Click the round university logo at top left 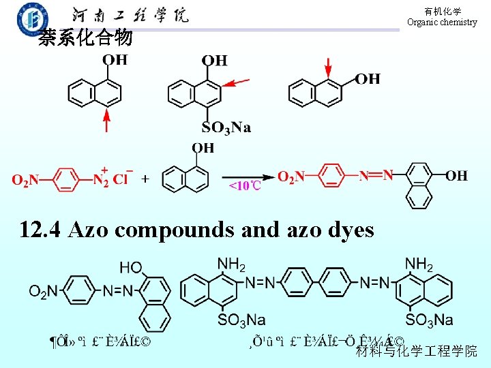pyautogui.click(x=33, y=18)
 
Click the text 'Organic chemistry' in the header pyautogui.click(x=442, y=22)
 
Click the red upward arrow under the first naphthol pyautogui.click(x=106, y=122)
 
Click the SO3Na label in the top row pyautogui.click(x=226, y=127)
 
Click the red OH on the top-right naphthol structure pyautogui.click(x=368, y=79)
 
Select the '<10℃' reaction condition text pyautogui.click(x=244, y=185)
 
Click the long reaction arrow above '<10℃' pyautogui.click(x=244, y=175)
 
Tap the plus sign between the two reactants pyautogui.click(x=145, y=179)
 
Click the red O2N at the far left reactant pyautogui.click(x=25, y=181)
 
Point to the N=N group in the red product pyautogui.click(x=376, y=176)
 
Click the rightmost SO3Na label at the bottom pyautogui.click(x=429, y=319)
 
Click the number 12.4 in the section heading pyautogui.click(x=41, y=230)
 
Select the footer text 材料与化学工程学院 pyautogui.click(x=417, y=351)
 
